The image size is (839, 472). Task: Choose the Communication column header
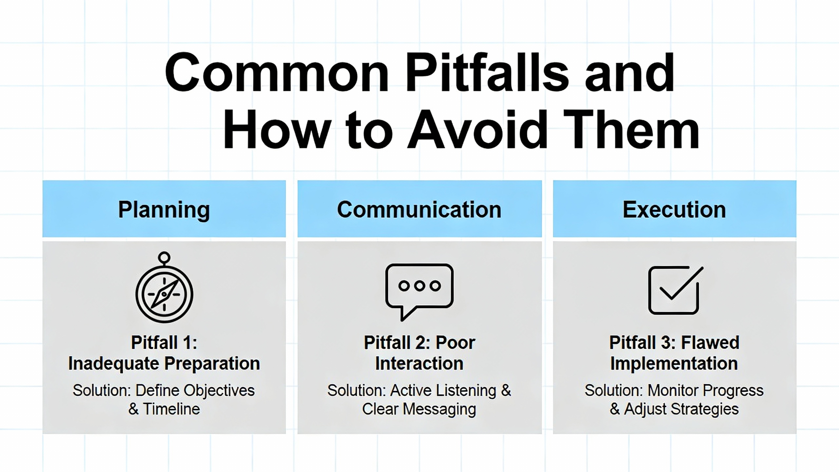pos(419,209)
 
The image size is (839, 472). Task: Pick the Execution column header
pos(674,209)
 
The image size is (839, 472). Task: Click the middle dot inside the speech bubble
pos(419,286)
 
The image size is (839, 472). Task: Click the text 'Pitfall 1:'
pos(164,343)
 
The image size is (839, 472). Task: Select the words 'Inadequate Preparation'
pos(164,364)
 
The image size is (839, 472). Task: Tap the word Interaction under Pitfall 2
pos(419,364)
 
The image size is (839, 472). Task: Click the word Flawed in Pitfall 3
pos(710,343)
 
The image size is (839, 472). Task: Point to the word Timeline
pos(171,409)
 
